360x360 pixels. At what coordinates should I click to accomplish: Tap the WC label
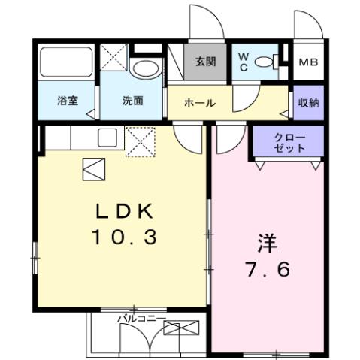[246, 62]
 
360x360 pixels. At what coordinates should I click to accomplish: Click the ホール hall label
[199, 103]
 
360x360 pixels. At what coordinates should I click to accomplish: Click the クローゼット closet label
[289, 143]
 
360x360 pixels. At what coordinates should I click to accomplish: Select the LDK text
[125, 210]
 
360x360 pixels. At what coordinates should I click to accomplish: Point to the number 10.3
[125, 238]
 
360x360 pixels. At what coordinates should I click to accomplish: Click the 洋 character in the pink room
[269, 243]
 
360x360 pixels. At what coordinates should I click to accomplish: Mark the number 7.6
[269, 270]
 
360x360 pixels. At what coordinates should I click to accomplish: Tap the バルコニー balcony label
[141, 319]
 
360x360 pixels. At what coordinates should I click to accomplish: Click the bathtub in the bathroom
[65, 60]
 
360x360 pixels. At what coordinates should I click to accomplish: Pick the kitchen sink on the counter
[105, 138]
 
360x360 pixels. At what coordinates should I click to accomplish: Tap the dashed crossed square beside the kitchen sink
[140, 143]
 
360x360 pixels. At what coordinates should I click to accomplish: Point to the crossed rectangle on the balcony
[182, 328]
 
